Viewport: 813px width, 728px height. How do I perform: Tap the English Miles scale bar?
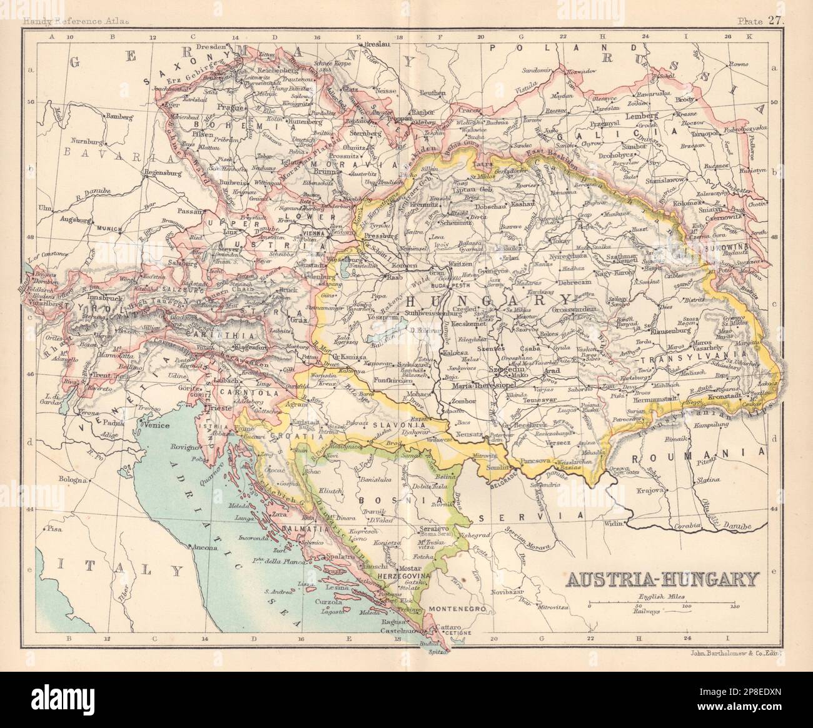[x=664, y=606]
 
